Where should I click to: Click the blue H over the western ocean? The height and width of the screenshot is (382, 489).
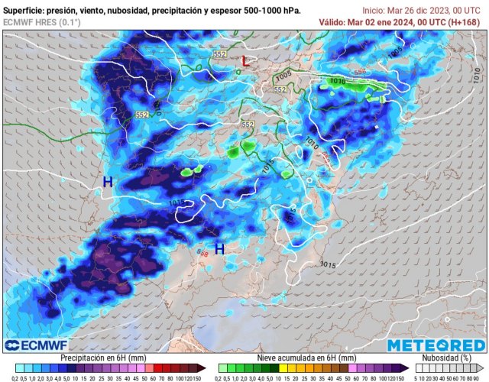click(x=108, y=182)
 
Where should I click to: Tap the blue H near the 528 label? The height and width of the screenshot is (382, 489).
click(x=219, y=248)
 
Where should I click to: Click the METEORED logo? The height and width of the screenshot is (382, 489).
click(x=436, y=345)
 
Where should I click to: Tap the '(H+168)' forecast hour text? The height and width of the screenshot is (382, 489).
click(x=468, y=22)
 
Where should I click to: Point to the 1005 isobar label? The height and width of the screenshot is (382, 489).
click(x=283, y=76)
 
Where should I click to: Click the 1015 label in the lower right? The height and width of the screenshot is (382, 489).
click(x=327, y=265)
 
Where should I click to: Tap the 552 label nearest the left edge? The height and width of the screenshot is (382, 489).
click(x=141, y=114)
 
